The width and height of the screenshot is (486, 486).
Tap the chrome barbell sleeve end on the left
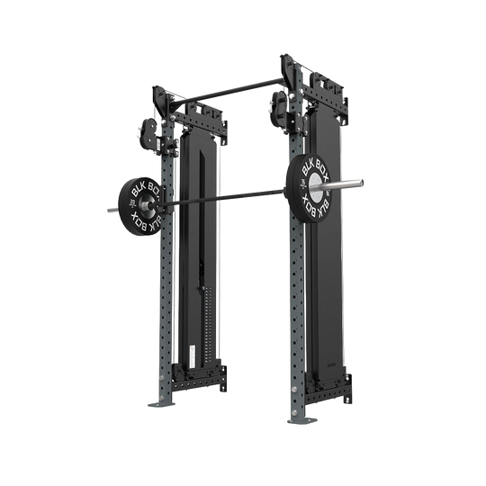tap(111, 211)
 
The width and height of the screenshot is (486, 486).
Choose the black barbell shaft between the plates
tap(225, 197)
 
